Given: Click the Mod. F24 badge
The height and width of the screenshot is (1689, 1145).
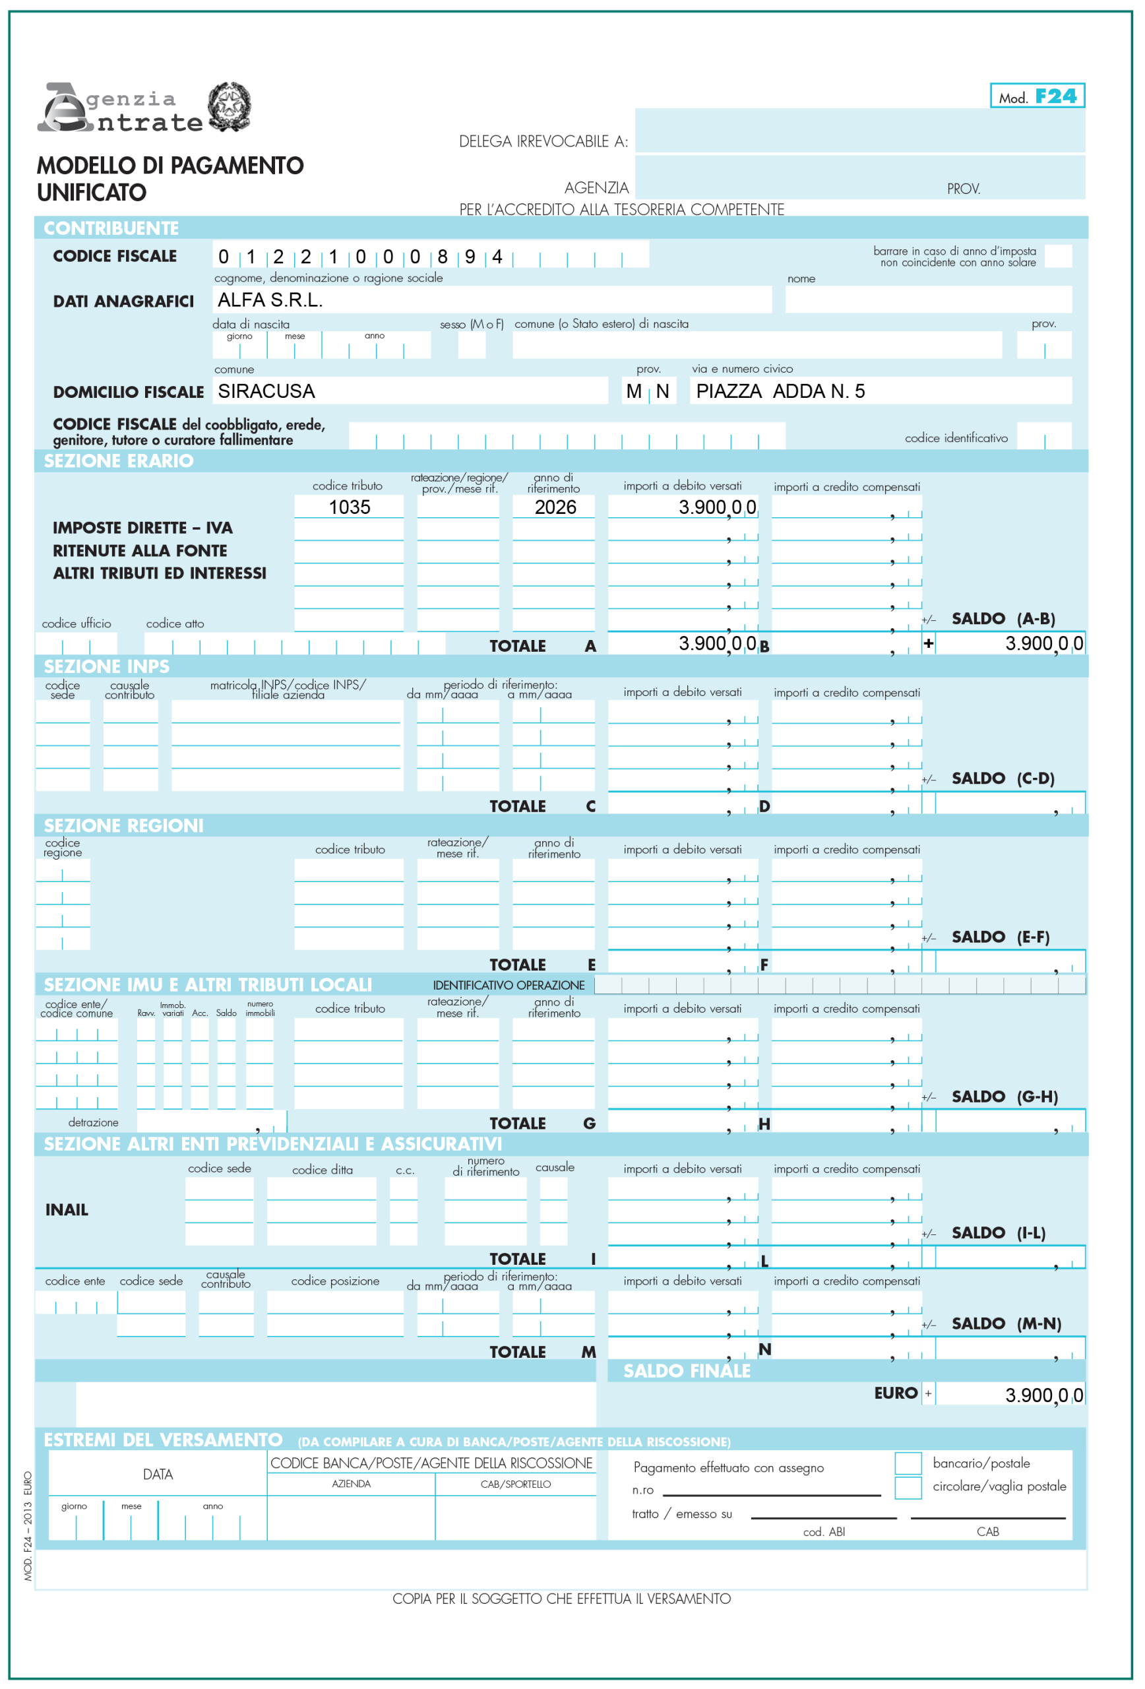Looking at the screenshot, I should tap(1037, 96).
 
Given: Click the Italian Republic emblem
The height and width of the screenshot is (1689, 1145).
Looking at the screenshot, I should tap(230, 106).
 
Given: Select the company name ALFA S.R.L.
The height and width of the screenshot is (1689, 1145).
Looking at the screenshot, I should tap(270, 300).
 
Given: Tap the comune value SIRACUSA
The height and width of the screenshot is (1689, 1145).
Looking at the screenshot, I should tap(266, 392).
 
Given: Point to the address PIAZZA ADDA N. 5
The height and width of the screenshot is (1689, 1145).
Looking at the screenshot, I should tap(780, 392).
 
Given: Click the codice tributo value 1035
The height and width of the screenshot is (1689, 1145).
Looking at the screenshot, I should tap(350, 507).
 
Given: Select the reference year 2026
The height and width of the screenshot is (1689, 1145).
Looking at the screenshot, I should tap(555, 507).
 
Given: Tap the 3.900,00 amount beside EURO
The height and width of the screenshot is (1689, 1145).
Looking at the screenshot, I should tap(1043, 1395).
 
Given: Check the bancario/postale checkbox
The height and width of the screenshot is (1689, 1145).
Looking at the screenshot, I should tap(908, 1463).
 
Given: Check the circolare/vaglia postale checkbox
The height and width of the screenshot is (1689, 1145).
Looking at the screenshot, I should tap(908, 1487).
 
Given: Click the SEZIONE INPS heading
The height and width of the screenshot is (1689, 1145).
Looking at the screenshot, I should tap(107, 666).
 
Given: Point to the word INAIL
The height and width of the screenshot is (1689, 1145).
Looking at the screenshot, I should tap(67, 1210).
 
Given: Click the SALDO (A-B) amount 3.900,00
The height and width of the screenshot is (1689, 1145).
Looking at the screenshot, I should tap(1043, 644).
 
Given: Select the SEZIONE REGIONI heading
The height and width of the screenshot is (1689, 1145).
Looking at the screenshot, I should tap(123, 825).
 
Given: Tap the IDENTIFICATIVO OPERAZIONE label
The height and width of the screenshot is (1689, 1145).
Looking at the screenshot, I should tap(509, 986).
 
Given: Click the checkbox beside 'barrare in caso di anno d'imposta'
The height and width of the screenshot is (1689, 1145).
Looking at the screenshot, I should tap(1058, 257).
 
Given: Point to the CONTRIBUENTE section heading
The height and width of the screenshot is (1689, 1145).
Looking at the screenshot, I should tap(111, 228).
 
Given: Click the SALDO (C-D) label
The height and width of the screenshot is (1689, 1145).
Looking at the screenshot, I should tap(1003, 779).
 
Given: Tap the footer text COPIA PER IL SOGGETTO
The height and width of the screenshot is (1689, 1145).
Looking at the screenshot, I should tap(561, 1599).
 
